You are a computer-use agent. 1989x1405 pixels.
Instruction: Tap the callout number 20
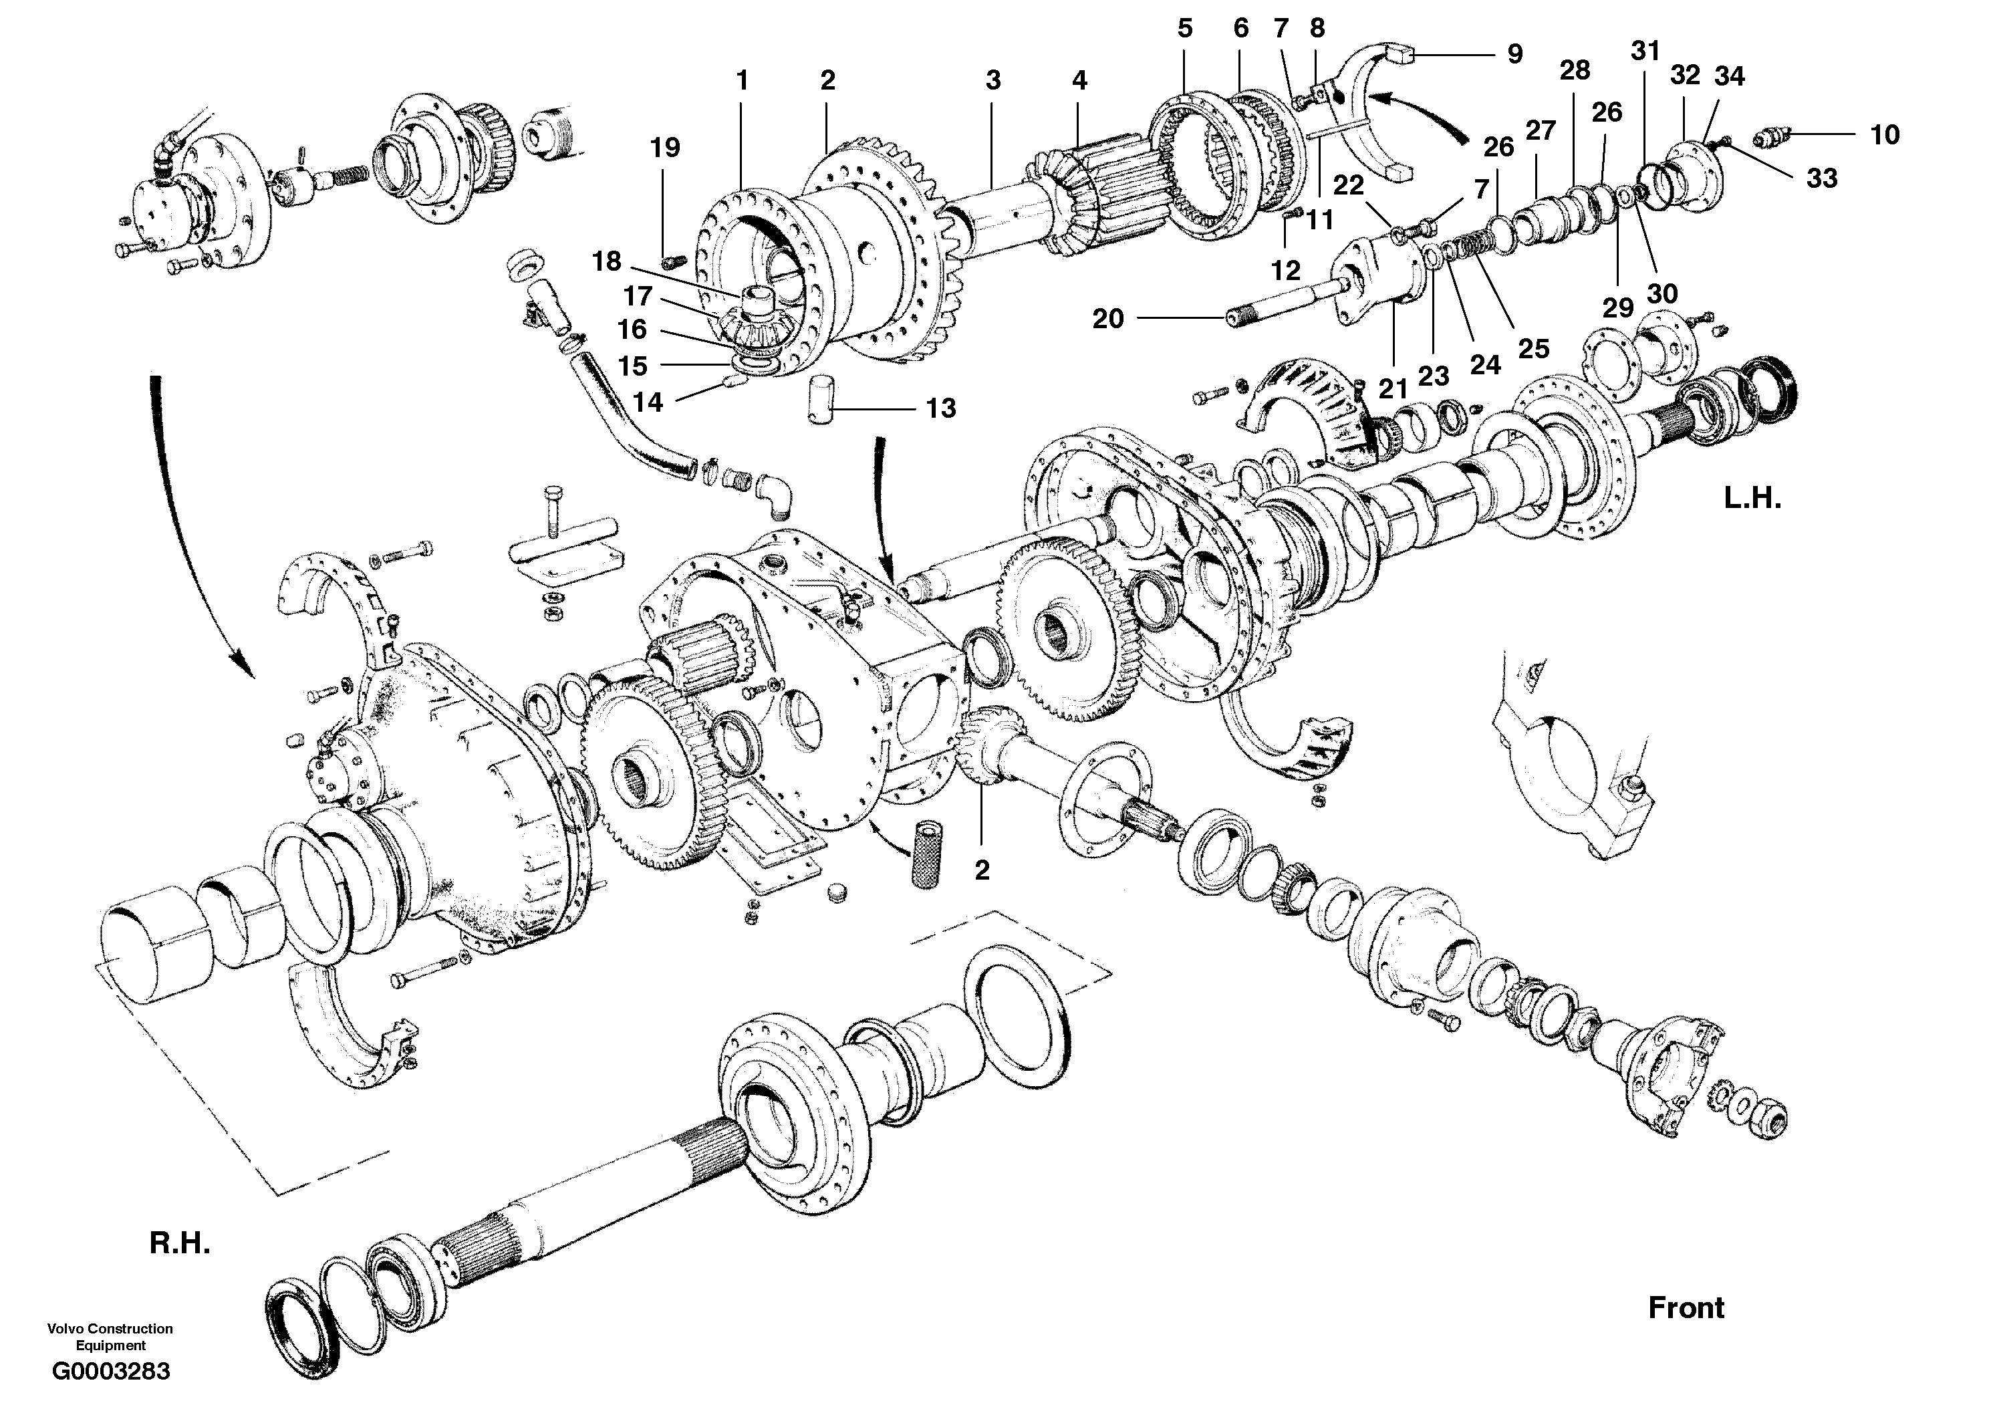coord(1107,319)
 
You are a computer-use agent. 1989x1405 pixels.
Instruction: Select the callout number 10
coord(1884,134)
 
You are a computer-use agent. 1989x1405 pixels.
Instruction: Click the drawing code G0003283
coord(111,1371)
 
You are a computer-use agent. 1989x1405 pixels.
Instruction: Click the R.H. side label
coord(179,1243)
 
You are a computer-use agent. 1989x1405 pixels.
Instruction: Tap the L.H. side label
coord(1752,498)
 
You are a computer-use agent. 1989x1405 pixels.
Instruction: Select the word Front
coord(1685,1307)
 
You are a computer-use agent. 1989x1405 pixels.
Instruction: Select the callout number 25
coord(1533,348)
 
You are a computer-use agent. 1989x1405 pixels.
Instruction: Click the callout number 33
coord(1822,178)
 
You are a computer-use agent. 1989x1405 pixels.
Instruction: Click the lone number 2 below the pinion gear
coord(982,870)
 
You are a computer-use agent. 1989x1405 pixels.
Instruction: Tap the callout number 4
coord(1079,81)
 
